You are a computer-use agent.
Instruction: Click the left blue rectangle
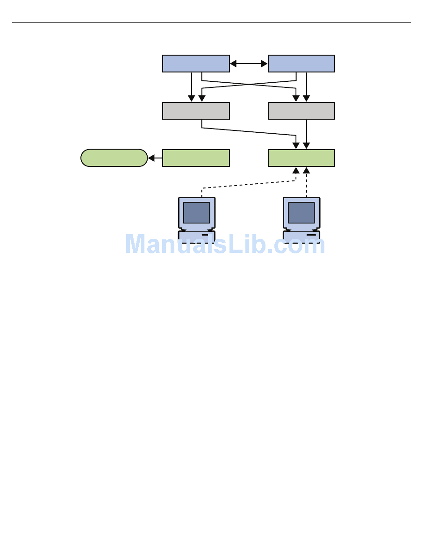(196, 64)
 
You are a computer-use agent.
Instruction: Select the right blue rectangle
(301, 64)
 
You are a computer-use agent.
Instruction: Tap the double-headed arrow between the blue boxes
(249, 64)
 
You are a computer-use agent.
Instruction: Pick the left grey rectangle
(196, 111)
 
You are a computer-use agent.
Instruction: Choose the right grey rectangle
(301, 111)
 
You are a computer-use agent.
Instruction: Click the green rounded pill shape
(114, 158)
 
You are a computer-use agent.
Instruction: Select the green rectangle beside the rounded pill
(196, 158)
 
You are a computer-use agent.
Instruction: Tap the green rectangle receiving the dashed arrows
(301, 158)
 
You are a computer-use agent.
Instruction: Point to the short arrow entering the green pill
(155, 158)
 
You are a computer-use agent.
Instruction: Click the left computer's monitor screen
(197, 213)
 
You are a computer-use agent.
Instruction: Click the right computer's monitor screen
(301, 213)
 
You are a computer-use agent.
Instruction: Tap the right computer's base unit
(301, 237)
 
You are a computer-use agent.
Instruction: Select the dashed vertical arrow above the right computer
(307, 182)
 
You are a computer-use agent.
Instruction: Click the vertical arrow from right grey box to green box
(307, 134)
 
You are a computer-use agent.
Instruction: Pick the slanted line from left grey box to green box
(249, 132)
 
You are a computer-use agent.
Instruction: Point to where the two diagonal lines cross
(249, 84)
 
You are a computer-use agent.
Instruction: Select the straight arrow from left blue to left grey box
(192, 87)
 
